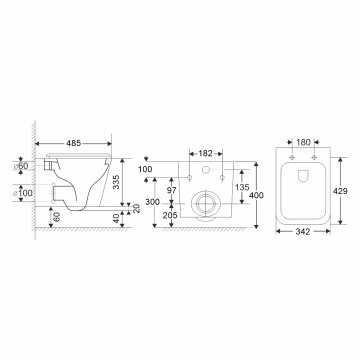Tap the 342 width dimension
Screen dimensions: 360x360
coord(306,232)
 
